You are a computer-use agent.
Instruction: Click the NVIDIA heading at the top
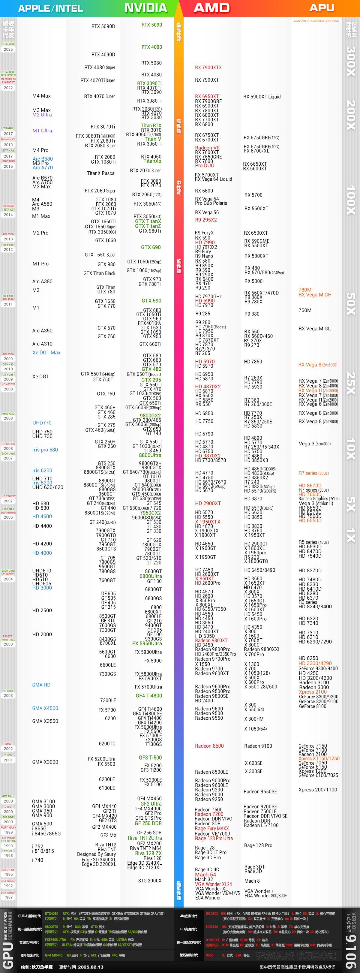146,8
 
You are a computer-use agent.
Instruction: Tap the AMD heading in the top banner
211,8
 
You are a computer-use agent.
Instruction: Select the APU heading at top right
322,8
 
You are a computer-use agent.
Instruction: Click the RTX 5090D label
103,26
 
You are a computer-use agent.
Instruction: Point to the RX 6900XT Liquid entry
262,97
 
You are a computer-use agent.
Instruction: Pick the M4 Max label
42,96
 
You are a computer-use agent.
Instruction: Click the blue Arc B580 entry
43,159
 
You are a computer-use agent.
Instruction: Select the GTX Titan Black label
99,273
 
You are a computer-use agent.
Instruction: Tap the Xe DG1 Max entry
46,353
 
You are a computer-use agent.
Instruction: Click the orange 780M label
305,290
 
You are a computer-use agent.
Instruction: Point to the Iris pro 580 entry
45,450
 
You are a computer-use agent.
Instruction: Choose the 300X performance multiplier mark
351,62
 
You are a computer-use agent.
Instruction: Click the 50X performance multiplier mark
351,304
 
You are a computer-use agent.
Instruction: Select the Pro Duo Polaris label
211,203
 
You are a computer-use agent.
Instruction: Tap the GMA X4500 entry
45,708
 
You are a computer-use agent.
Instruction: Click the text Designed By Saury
96,854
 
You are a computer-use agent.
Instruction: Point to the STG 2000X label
150,881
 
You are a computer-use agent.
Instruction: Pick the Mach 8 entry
252,881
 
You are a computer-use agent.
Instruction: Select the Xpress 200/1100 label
318,789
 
